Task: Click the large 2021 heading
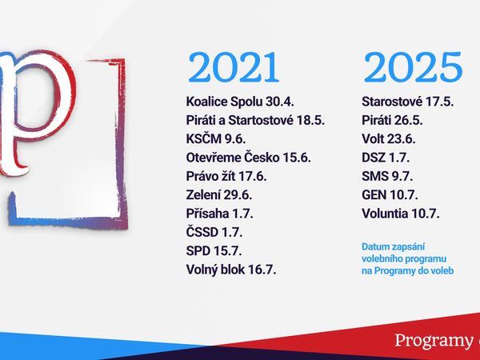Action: [234, 67]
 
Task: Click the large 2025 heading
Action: [413, 67]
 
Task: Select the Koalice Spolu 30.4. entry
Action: [240, 102]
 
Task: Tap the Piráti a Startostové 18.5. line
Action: [255, 120]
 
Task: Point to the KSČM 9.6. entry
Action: [216, 139]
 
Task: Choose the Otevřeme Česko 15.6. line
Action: [249, 158]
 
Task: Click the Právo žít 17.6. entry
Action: [226, 176]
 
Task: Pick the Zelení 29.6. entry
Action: [219, 195]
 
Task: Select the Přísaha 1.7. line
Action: [219, 214]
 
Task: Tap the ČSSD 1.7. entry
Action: [214, 232]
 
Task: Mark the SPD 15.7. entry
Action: [214, 251]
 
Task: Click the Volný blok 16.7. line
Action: [231, 270]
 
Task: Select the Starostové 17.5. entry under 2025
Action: [408, 102]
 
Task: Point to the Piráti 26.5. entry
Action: [392, 120]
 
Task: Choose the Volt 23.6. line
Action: [389, 139]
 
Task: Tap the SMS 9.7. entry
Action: [387, 176]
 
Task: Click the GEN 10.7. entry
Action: [390, 195]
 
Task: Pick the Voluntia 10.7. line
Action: [401, 214]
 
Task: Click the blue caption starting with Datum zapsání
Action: [407, 258]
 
